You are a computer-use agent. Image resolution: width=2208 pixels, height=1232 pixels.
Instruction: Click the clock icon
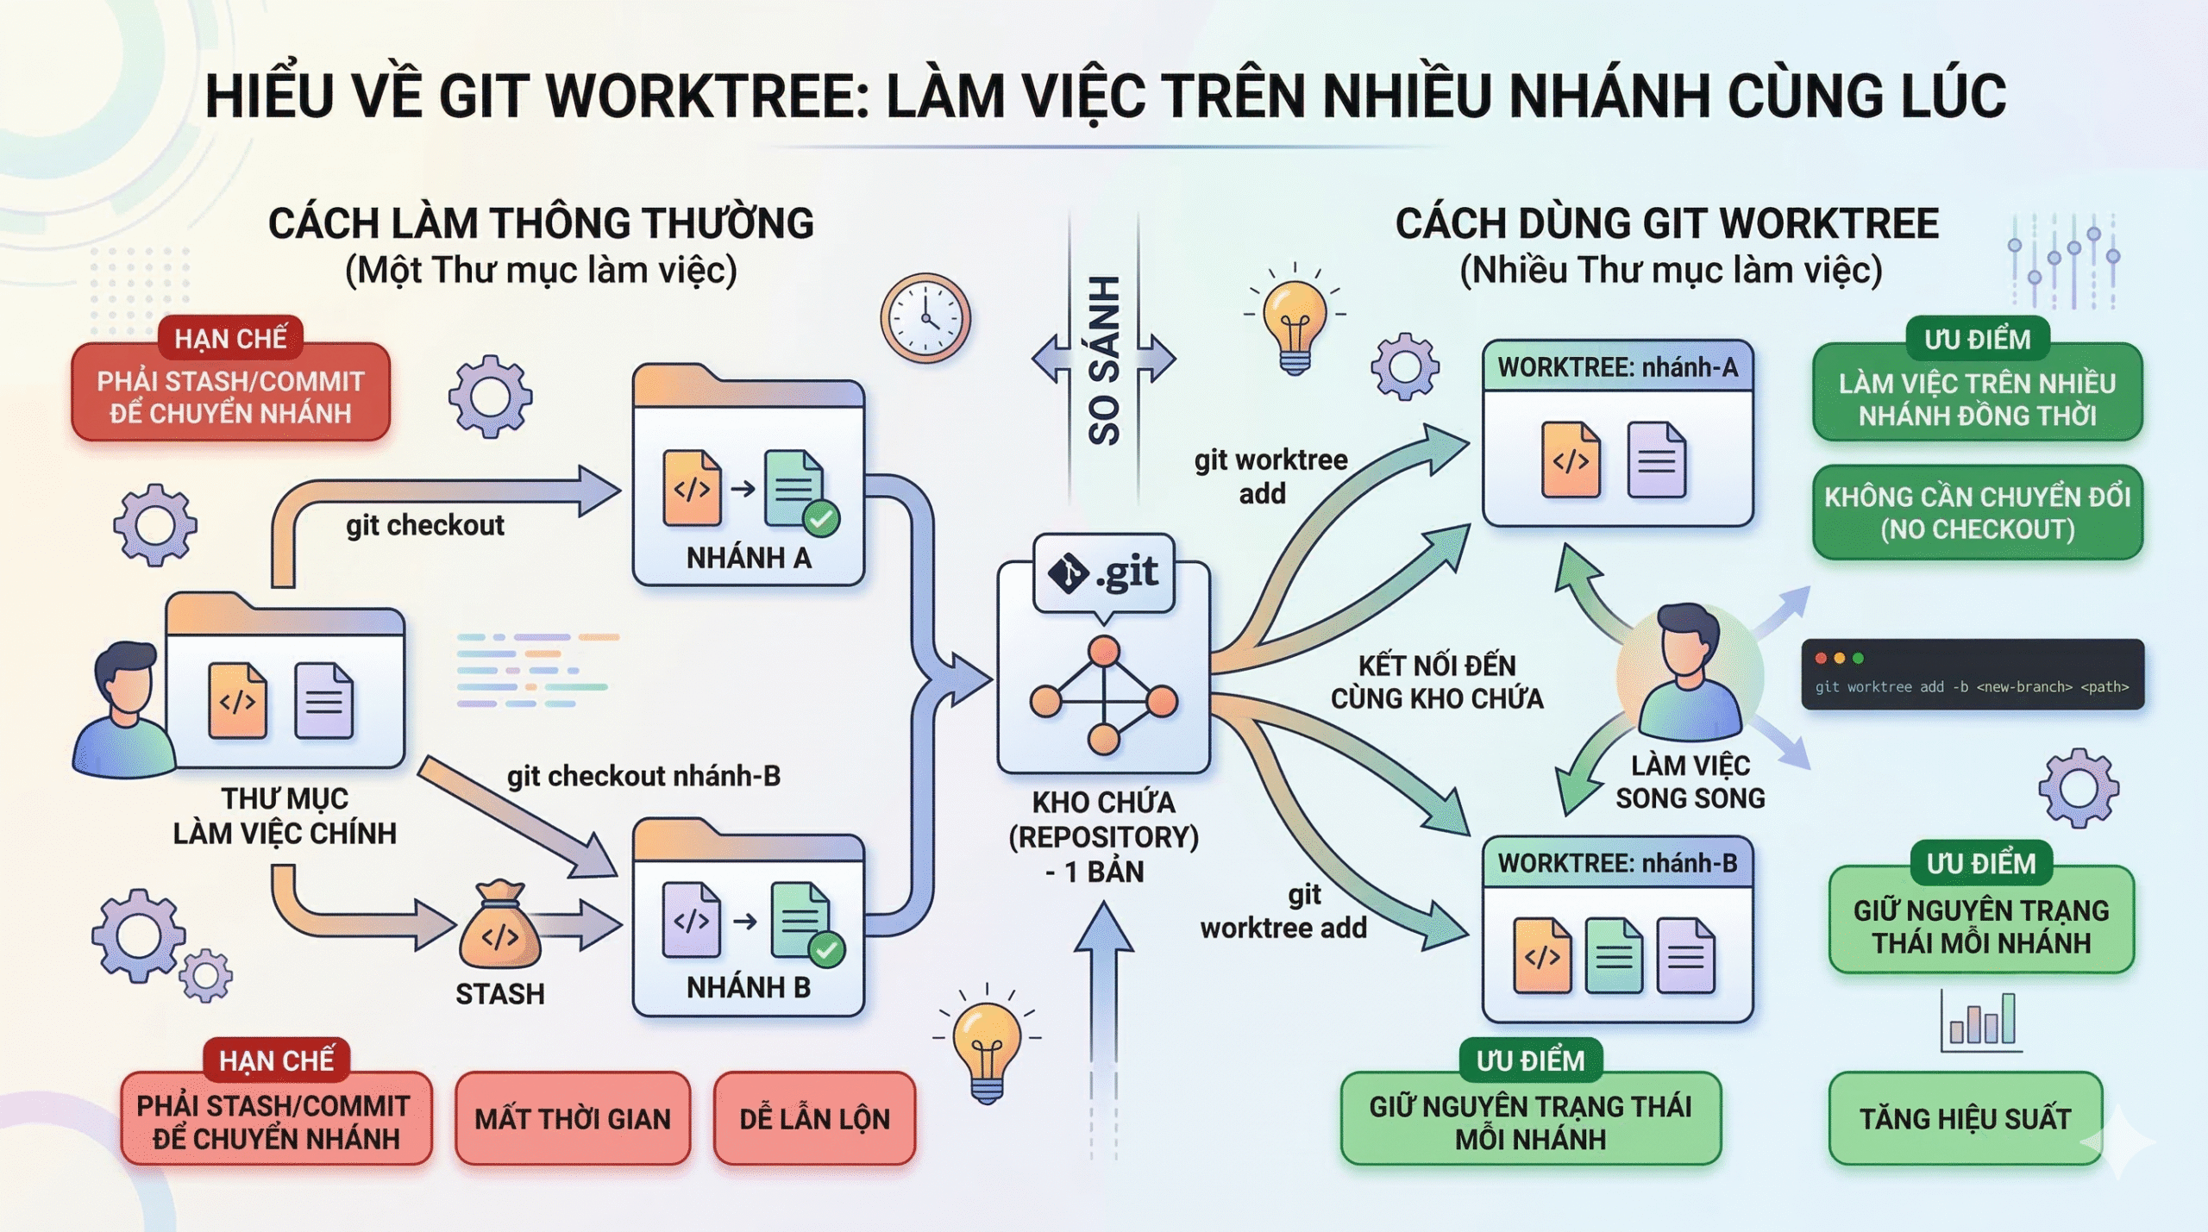(925, 318)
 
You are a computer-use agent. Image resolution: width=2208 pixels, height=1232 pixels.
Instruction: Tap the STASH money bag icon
(499, 927)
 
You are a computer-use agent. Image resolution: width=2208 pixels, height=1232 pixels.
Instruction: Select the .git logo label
(1104, 573)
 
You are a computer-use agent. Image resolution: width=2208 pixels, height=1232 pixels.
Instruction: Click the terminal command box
(1972, 674)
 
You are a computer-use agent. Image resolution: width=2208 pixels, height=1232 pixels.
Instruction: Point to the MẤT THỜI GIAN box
(573, 1118)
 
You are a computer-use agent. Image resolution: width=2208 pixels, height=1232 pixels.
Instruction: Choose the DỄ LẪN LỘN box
(814, 1118)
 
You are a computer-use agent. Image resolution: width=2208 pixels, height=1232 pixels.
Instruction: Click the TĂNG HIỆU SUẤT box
(1965, 1118)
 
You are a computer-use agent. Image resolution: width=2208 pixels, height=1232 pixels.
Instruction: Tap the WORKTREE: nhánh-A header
(1617, 367)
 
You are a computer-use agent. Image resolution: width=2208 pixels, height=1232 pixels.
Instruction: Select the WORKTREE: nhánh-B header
(1617, 863)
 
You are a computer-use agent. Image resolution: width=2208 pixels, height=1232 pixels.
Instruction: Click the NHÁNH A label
(749, 558)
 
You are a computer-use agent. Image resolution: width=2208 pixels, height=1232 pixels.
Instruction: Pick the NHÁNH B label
(749, 987)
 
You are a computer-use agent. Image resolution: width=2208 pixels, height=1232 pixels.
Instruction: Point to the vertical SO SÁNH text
(1104, 360)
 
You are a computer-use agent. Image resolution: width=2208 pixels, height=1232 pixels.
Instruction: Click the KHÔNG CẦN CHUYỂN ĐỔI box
(1977, 513)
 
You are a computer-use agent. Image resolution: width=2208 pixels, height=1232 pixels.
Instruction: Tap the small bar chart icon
(1982, 1022)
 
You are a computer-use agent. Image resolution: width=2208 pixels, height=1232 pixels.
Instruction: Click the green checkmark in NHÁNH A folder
(821, 519)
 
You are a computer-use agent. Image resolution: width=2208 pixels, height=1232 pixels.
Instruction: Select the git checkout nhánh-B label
(643, 776)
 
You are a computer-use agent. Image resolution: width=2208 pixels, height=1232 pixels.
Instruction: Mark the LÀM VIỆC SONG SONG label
(1690, 781)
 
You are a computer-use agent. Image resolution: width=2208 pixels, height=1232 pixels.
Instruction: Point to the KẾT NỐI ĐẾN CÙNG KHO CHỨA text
(1436, 681)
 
